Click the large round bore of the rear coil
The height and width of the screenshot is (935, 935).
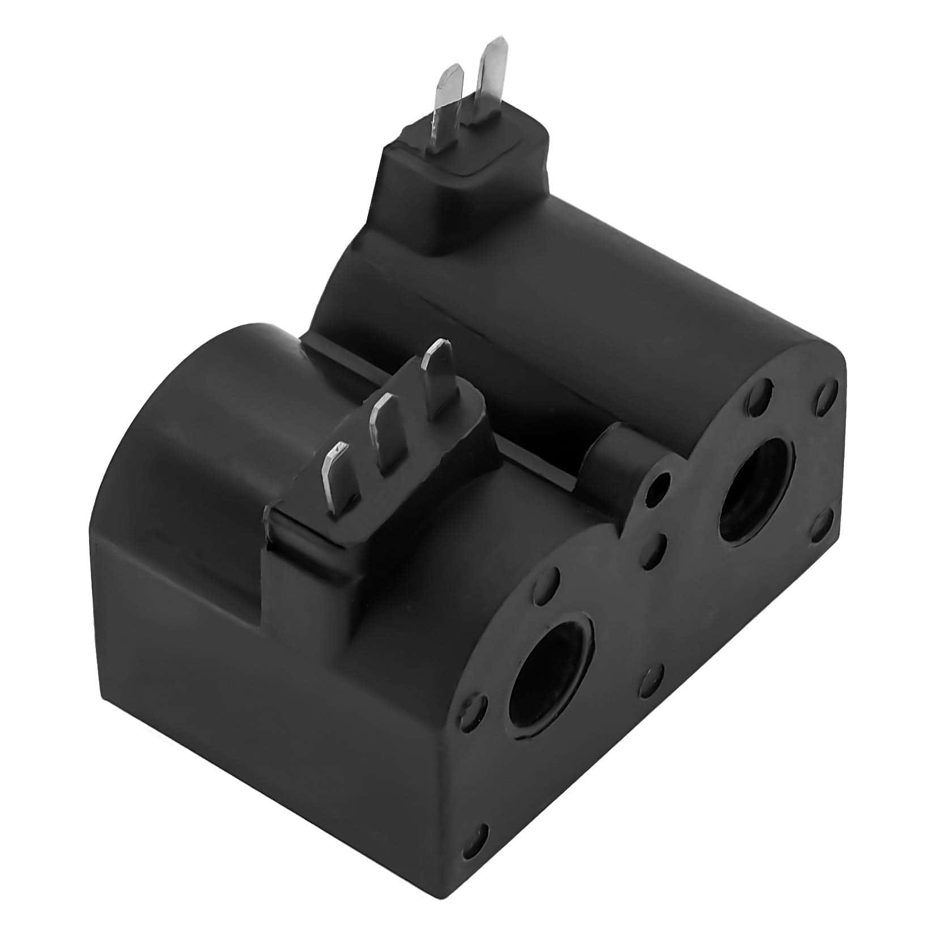[x=756, y=490]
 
